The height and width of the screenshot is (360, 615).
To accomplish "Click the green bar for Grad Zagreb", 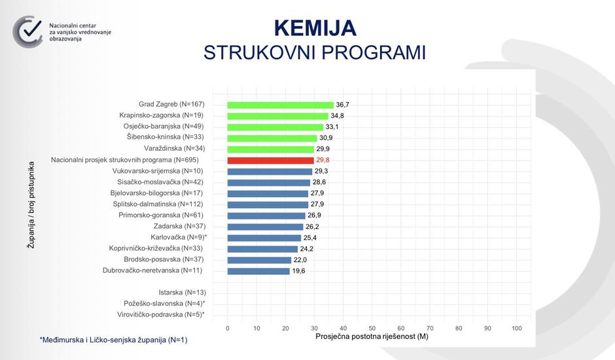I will [280, 105].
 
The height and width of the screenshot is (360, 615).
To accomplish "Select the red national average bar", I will [270, 160].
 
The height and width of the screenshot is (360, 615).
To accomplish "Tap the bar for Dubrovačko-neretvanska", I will [258, 271].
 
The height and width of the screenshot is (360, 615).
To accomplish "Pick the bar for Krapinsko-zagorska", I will [277, 116].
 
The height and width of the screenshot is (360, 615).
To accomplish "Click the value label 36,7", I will [343, 105].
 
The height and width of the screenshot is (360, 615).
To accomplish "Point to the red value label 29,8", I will [323, 160].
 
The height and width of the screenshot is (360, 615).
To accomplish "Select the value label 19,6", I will [299, 271].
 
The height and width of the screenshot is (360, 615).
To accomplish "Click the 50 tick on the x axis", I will [372, 328].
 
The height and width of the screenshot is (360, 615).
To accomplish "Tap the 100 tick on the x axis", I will [516, 328].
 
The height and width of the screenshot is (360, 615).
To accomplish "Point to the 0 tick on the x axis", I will [228, 328].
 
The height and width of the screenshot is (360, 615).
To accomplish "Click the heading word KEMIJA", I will [315, 28].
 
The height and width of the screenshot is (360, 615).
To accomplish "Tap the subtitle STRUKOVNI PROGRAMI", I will [315, 53].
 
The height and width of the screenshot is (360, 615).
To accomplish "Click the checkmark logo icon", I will [28, 31].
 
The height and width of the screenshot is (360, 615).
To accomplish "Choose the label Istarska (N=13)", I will [182, 293].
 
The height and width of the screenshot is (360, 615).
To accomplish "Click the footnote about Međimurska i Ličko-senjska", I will [113, 340].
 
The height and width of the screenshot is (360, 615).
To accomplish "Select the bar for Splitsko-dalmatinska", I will [267, 205].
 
